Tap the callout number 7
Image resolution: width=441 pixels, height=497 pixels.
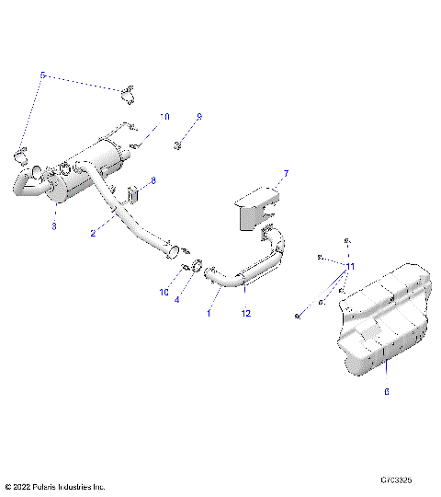[x=286, y=173]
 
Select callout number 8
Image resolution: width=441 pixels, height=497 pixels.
[x=153, y=181]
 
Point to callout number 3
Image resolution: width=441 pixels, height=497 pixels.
[x=54, y=225]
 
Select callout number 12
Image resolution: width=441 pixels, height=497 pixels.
[x=245, y=314]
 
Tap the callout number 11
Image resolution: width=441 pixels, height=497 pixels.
[x=350, y=265]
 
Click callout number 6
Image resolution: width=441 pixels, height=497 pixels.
[x=386, y=392]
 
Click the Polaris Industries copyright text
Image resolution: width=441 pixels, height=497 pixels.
[x=55, y=486]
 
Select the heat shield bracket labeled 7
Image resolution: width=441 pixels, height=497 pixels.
[x=257, y=207]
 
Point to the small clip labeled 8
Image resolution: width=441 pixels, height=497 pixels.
[x=133, y=195]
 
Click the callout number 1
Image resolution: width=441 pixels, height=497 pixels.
[x=209, y=313]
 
